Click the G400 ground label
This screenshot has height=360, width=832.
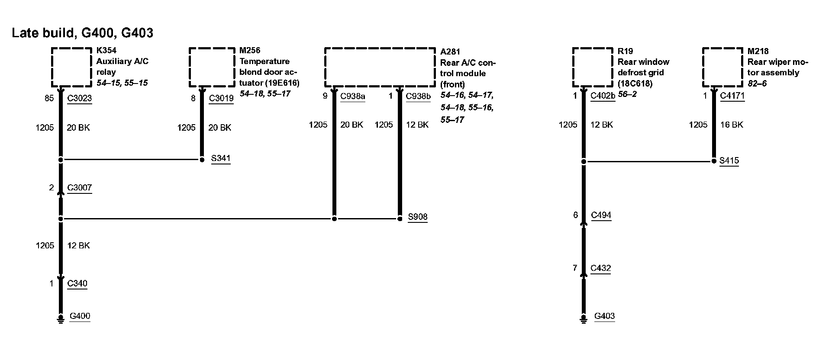[80, 316]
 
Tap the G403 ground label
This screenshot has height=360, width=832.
[604, 316]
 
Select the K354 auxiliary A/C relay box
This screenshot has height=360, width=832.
[71, 67]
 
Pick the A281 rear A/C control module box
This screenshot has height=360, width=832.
[380, 67]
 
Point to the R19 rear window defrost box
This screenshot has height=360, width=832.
[592, 67]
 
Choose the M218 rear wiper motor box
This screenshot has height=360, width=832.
[722, 67]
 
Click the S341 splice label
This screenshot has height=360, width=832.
[221, 158]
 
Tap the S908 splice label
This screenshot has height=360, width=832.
[418, 217]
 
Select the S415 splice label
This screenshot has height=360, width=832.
[729, 161]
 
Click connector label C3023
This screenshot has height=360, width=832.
[80, 98]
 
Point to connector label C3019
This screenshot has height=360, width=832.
[221, 98]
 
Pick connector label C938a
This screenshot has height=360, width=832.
[352, 96]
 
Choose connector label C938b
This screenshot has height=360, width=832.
[418, 96]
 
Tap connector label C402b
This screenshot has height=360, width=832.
[603, 96]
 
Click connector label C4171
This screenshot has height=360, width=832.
[732, 96]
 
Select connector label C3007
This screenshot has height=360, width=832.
[80, 188]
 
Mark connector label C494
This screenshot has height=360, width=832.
[601, 215]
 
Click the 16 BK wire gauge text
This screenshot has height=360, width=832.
[732, 125]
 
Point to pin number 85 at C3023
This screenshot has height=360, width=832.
[49, 98]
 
